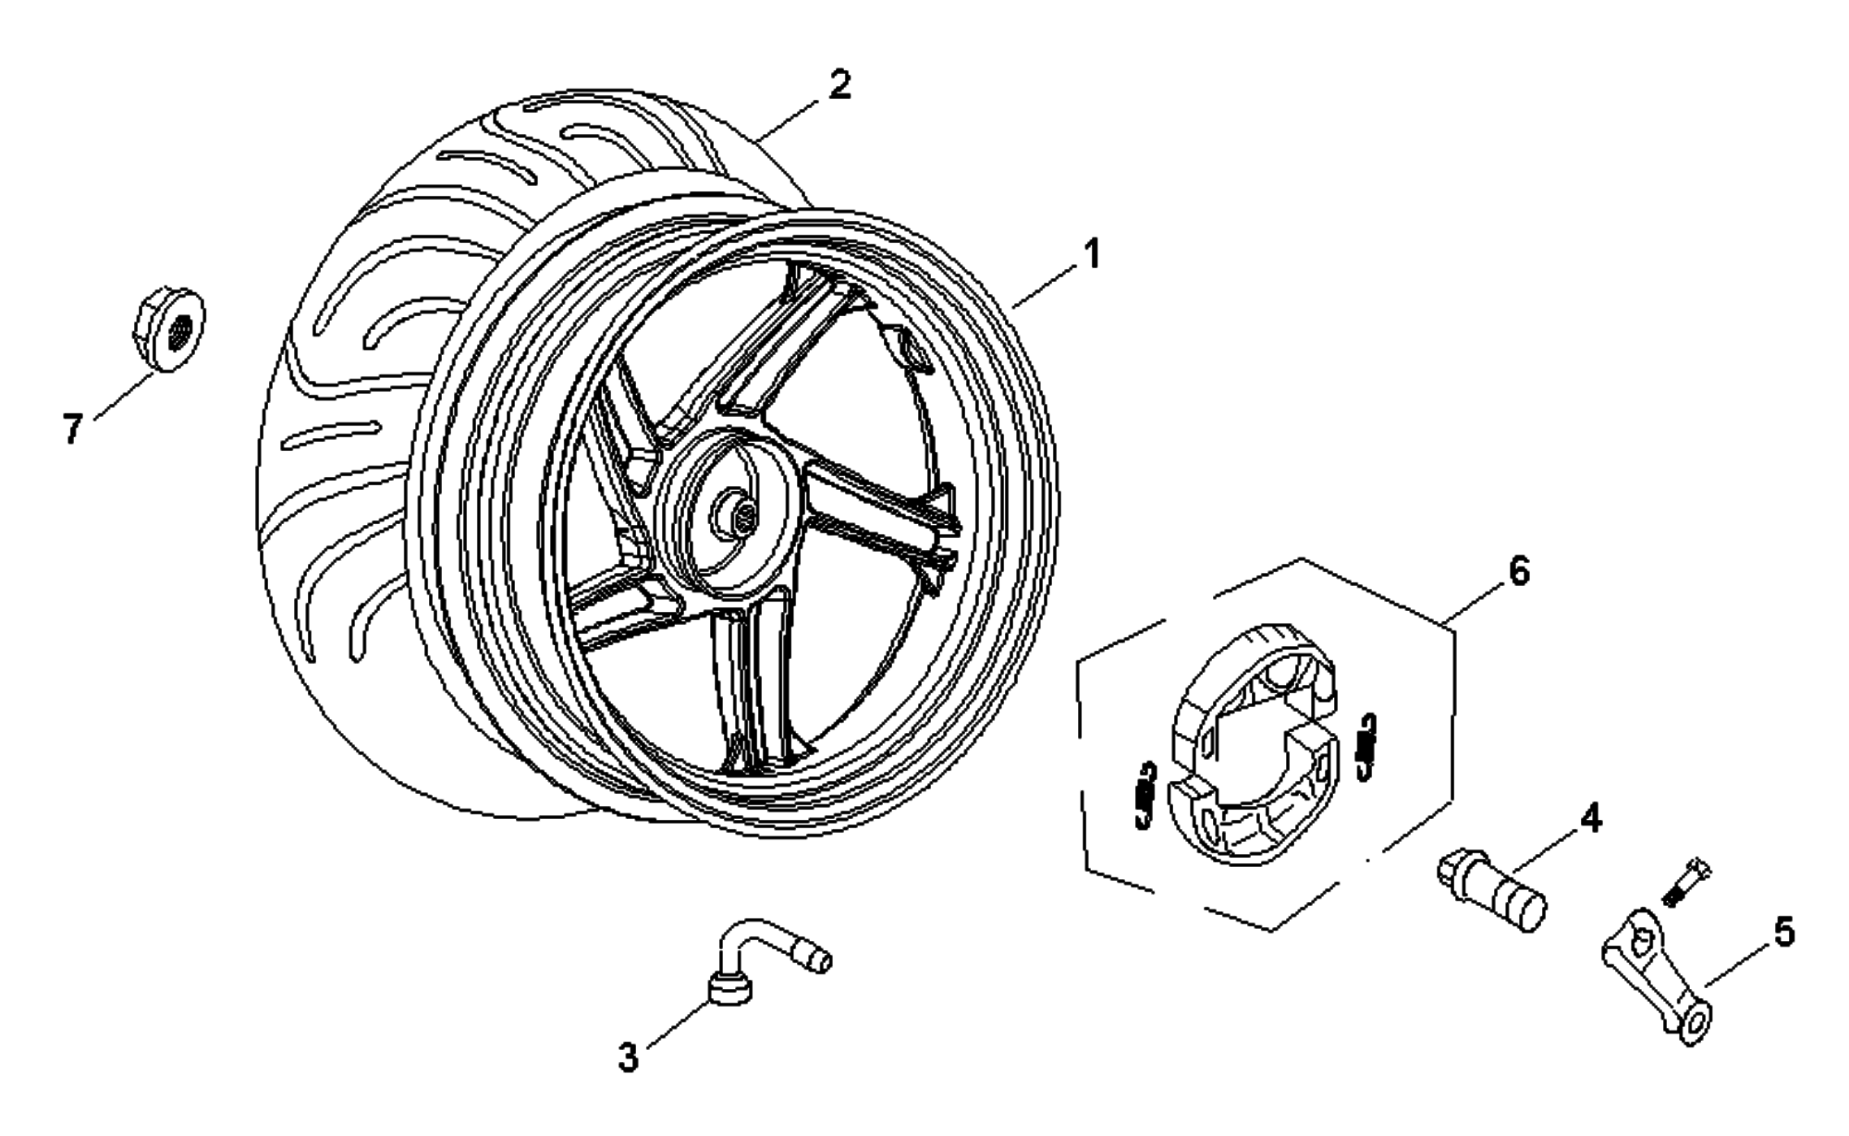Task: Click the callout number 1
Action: coord(1092,252)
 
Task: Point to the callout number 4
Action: coord(1590,818)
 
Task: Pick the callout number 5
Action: coord(1784,932)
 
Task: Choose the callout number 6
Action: coord(1519,571)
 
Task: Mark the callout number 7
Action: coord(73,429)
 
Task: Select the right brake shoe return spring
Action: coord(1366,745)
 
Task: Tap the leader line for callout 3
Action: coord(680,1023)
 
